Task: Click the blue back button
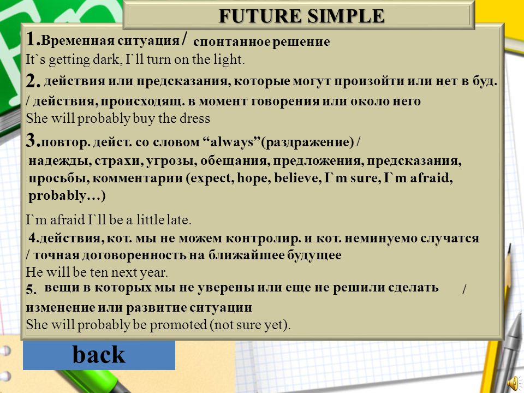pyautogui.click(x=99, y=355)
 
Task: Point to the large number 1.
pyautogui.click(x=32, y=39)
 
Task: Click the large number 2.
pyautogui.click(x=32, y=81)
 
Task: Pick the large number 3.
pyautogui.click(x=32, y=140)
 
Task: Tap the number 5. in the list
pyautogui.click(x=32, y=289)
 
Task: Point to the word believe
pyautogui.click(x=297, y=178)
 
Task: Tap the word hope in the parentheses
pyautogui.click(x=253, y=178)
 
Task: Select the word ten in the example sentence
pyautogui.click(x=99, y=272)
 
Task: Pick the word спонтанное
pyautogui.click(x=231, y=42)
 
